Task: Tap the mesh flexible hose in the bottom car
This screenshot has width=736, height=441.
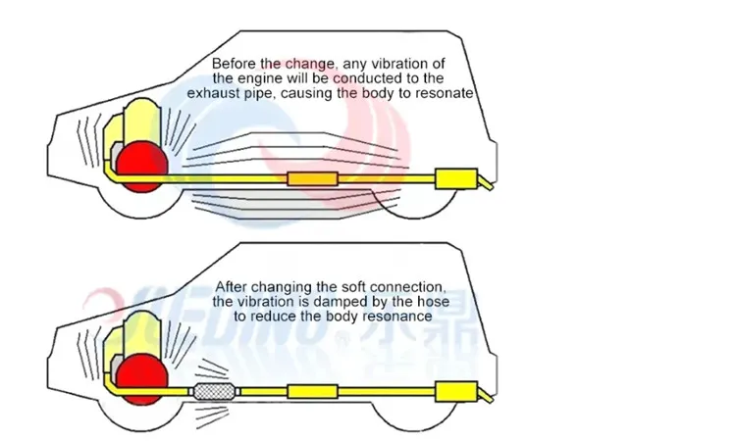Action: (x=217, y=391)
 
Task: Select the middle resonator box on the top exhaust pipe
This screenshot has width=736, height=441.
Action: (x=312, y=180)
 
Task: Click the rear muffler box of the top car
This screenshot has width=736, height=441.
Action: (x=454, y=179)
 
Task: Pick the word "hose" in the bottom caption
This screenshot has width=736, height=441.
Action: (x=430, y=301)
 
